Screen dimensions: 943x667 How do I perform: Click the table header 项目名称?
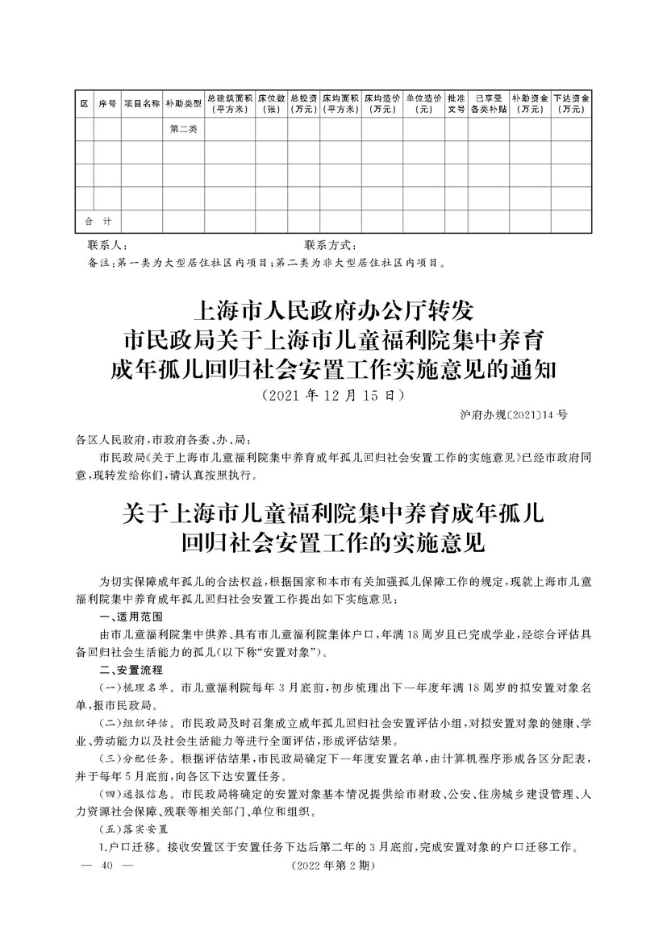click(141, 104)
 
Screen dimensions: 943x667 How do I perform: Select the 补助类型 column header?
click(183, 104)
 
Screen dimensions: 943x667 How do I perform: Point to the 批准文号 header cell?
click(456, 104)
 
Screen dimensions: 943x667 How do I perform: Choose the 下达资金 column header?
click(572, 104)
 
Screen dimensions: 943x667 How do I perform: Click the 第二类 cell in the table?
click(183, 129)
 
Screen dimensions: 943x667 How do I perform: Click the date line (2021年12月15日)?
click(333, 397)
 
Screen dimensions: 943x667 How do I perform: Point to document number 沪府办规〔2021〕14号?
click(506, 416)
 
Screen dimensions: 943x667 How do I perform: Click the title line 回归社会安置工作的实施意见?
click(333, 542)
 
